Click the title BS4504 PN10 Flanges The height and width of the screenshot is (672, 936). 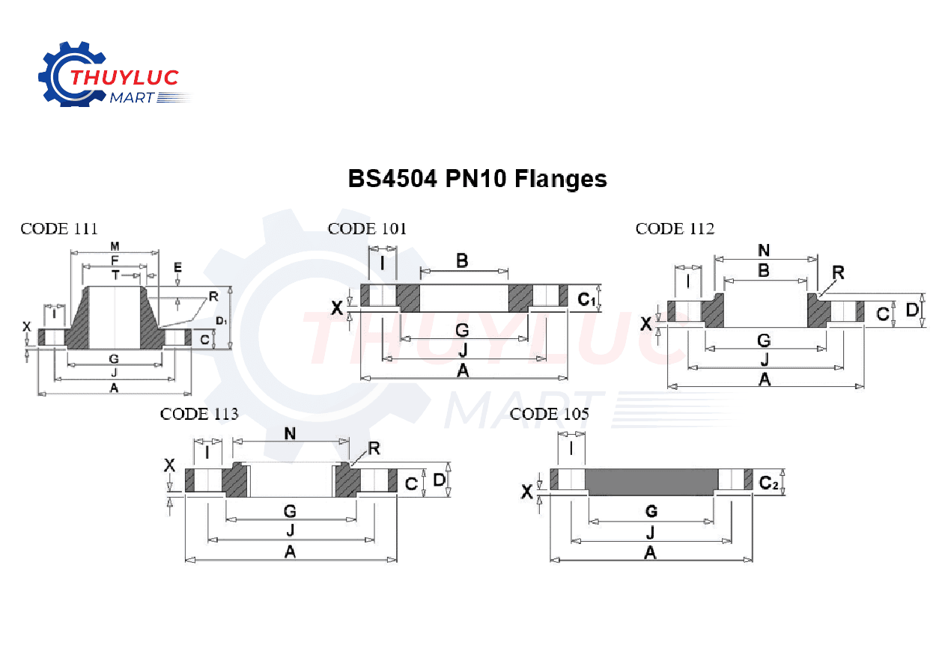(x=477, y=180)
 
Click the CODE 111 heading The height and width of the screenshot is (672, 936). (x=59, y=229)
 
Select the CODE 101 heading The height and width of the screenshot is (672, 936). (x=367, y=229)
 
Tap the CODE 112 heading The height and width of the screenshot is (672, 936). (x=675, y=229)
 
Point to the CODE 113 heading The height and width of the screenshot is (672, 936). (x=199, y=415)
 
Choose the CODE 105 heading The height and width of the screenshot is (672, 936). (x=549, y=415)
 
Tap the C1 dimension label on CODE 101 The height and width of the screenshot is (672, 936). (x=586, y=299)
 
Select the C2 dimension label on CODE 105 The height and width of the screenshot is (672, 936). (x=769, y=483)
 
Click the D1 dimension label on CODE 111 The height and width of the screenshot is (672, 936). (x=221, y=321)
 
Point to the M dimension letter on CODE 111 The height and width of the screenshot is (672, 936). (x=115, y=246)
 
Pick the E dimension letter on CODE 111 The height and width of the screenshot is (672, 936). (x=177, y=267)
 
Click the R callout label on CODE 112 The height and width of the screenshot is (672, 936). (x=838, y=273)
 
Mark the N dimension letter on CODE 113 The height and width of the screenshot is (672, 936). (x=290, y=434)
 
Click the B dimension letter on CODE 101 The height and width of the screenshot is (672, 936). (x=462, y=260)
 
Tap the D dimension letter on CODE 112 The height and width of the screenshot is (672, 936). (x=911, y=309)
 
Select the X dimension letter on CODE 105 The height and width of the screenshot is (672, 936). (x=527, y=492)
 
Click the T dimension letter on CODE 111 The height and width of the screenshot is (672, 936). (x=115, y=275)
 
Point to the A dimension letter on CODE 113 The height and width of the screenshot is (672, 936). (x=290, y=552)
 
